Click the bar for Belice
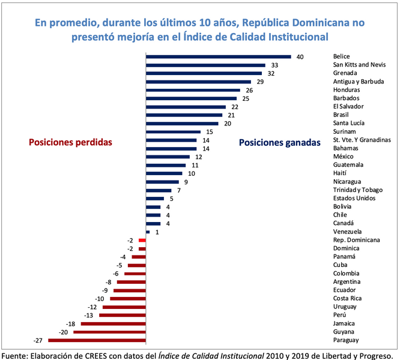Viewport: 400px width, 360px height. [x=219, y=57]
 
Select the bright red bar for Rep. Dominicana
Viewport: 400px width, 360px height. [x=142, y=240]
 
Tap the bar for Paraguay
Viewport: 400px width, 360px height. [x=97, y=340]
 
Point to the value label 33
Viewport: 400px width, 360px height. [x=274, y=65]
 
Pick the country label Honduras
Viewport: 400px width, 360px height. [x=347, y=90]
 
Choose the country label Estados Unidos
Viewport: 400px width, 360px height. [x=355, y=198]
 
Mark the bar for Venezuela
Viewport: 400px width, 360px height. [x=148, y=232]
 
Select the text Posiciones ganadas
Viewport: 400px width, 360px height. [x=279, y=143]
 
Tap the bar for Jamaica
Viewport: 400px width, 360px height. [x=114, y=323]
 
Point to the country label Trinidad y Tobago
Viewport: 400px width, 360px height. [x=358, y=190]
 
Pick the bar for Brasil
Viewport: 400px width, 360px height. [x=184, y=115]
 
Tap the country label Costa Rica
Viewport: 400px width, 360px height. [x=348, y=298]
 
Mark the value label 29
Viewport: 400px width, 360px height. [x=260, y=82]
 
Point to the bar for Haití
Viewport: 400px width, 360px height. [x=166, y=173]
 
